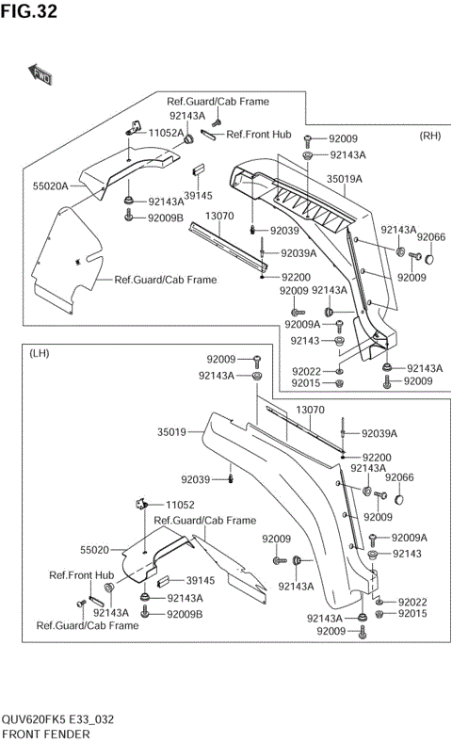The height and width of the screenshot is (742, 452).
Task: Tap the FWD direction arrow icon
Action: [x=42, y=74]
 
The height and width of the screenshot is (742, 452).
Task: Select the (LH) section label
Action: [x=40, y=353]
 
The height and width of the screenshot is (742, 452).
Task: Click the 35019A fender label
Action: [x=345, y=178]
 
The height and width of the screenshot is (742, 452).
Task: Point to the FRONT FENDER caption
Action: [x=46, y=734]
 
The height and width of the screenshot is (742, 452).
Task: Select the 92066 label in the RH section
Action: [x=431, y=237]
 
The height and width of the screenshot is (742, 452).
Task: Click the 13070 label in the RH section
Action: [x=219, y=216]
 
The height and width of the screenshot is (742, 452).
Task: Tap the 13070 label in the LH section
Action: [x=310, y=411]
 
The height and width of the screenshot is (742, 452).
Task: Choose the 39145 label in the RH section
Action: [x=198, y=196]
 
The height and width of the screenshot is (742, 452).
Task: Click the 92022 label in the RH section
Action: [x=306, y=371]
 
